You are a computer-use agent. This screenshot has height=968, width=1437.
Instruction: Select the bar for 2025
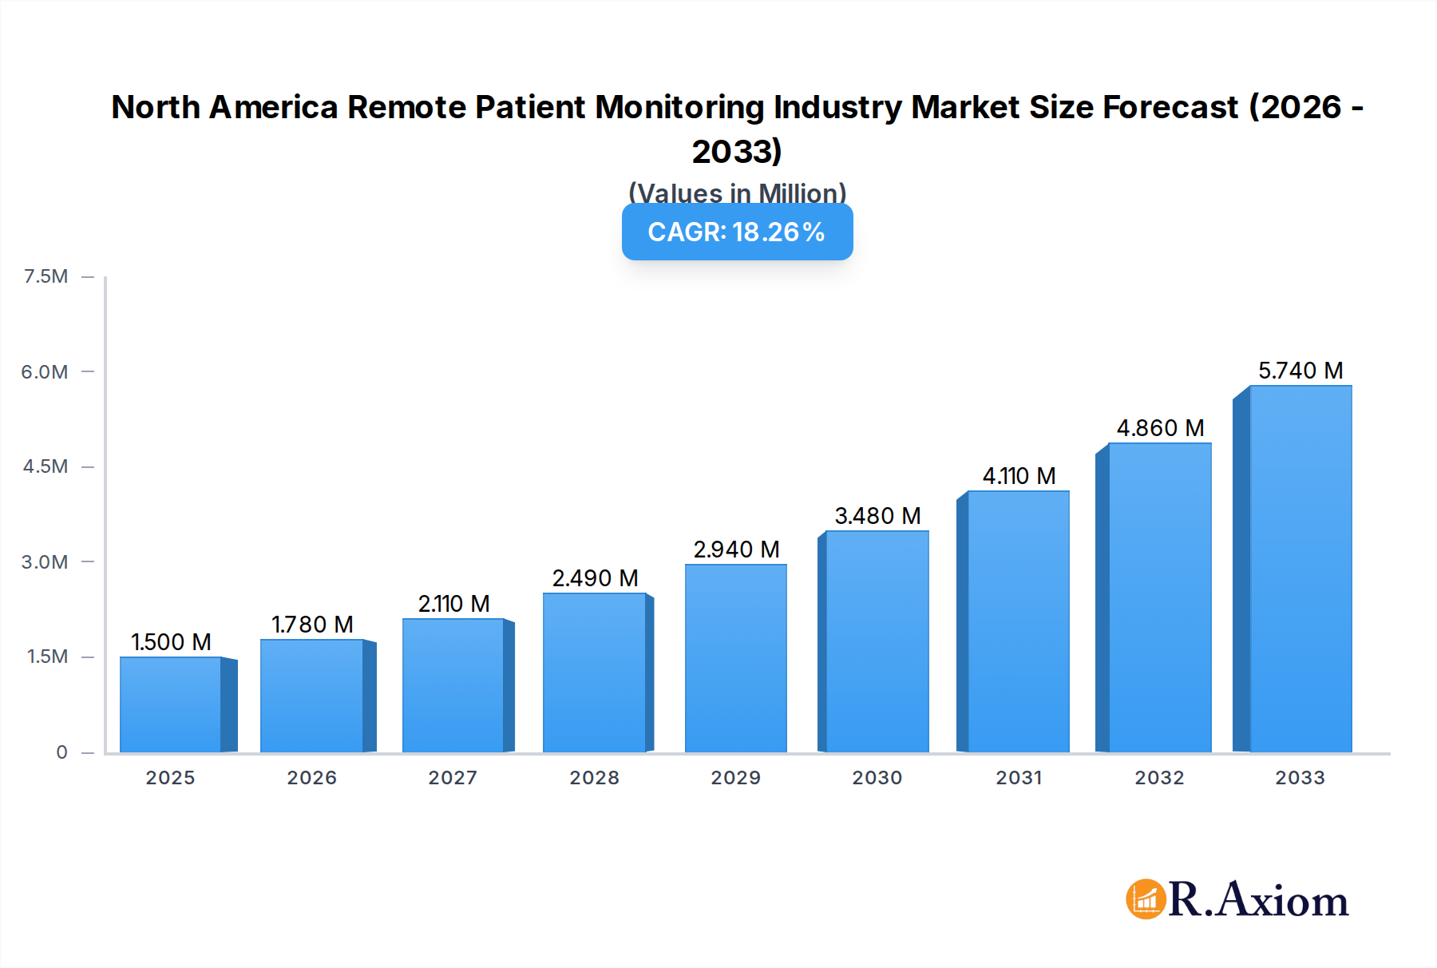(x=171, y=704)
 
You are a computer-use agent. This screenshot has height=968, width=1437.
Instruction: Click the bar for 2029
(x=735, y=658)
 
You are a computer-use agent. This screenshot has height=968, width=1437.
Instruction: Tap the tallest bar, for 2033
(x=1300, y=569)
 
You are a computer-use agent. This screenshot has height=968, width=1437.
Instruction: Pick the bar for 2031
(x=1018, y=621)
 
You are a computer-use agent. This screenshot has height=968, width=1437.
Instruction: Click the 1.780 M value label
(x=312, y=625)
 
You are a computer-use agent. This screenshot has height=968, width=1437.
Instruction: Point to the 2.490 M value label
(x=595, y=578)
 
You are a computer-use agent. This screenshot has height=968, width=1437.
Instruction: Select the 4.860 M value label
(x=1160, y=428)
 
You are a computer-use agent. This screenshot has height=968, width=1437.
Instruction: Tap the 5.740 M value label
(x=1300, y=371)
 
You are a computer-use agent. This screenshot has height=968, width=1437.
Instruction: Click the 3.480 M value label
(x=877, y=516)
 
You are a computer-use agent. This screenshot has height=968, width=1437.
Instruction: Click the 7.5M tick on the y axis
(x=46, y=276)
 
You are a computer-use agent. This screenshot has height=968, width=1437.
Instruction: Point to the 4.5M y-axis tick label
(x=46, y=466)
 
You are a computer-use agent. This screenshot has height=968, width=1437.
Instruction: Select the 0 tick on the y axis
(x=61, y=752)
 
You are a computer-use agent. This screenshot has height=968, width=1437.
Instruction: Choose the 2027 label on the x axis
(x=453, y=778)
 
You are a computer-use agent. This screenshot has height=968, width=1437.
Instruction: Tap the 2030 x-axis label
(x=877, y=778)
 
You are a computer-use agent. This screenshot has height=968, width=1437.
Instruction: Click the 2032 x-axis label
(x=1159, y=778)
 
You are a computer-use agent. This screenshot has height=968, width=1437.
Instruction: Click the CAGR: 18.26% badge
(x=737, y=232)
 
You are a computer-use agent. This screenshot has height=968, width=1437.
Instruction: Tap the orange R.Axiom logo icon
(x=1146, y=899)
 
